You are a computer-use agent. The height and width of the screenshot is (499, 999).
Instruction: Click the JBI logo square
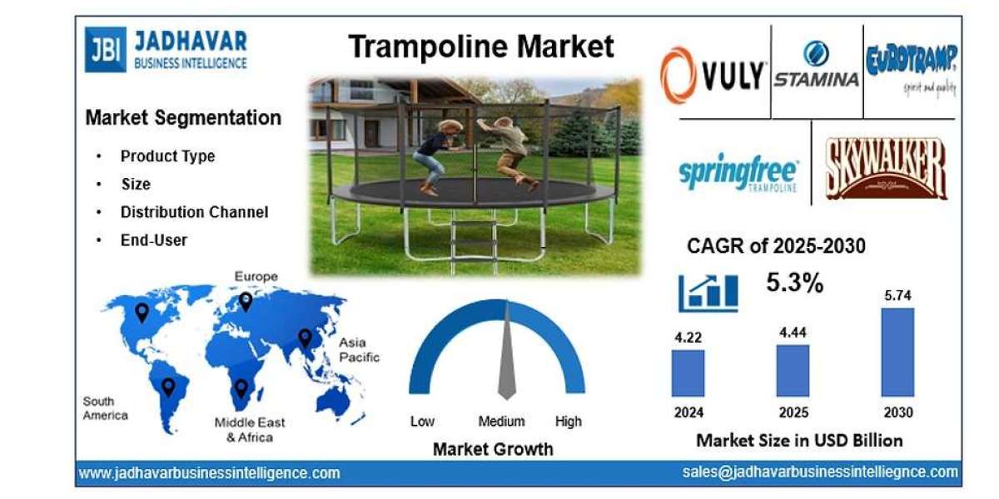pyautogui.click(x=104, y=49)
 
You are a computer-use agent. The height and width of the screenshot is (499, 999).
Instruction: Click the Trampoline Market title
pyautogui.click(x=481, y=47)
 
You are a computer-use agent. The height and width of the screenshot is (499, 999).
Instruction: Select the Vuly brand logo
pyautogui.click(x=713, y=75)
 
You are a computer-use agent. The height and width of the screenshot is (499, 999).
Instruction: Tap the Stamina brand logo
pyautogui.click(x=815, y=67)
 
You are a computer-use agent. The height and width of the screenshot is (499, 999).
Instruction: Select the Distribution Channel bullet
pyautogui.click(x=194, y=212)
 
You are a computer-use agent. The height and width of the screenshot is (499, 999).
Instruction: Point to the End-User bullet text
pyautogui.click(x=154, y=240)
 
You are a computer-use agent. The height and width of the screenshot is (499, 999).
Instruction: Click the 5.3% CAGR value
pyautogui.click(x=794, y=283)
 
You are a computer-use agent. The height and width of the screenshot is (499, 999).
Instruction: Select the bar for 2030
pyautogui.click(x=897, y=352)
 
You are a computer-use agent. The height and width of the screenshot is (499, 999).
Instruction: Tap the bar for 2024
pyautogui.click(x=688, y=373)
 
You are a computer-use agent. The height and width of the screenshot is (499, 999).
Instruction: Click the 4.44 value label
pyautogui.click(x=793, y=333)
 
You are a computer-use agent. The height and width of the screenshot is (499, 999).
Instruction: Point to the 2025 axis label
pyautogui.click(x=793, y=413)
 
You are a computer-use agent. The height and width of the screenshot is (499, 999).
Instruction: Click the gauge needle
pyautogui.click(x=506, y=358)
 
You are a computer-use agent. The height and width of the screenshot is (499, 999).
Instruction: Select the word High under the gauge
pyautogui.click(x=568, y=422)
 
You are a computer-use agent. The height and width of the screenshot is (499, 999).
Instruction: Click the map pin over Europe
pyautogui.click(x=246, y=301)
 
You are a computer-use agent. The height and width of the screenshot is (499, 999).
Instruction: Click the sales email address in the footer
pyautogui.click(x=819, y=472)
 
